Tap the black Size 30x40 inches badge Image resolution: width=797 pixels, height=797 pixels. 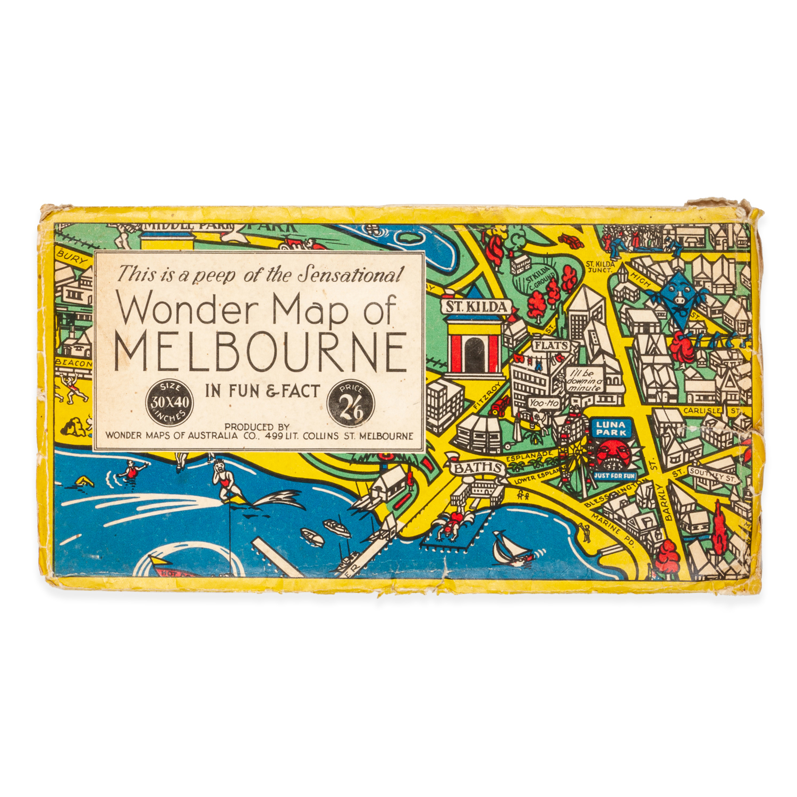169,402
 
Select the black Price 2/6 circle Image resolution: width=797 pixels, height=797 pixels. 351,404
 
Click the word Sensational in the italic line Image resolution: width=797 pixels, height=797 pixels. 349,275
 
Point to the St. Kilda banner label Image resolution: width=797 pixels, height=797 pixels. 476,307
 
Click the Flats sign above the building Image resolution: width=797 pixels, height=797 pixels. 551,345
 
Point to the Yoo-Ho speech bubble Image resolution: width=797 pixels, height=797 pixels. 544,403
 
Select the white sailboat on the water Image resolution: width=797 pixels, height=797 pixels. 507,549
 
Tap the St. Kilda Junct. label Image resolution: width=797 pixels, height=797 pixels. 600,266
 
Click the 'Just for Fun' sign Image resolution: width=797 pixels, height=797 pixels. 614,476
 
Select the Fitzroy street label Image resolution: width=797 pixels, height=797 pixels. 486,395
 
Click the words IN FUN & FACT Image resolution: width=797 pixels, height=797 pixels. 262,392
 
